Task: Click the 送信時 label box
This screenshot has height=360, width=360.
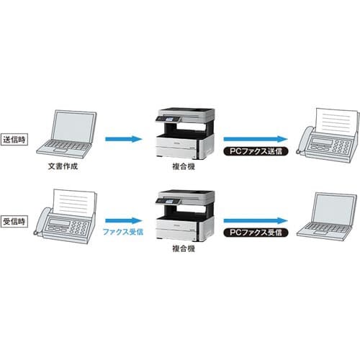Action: click(x=14, y=140)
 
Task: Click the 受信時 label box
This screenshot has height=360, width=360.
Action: click(x=14, y=221)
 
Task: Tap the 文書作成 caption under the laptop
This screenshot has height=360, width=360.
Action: click(x=63, y=166)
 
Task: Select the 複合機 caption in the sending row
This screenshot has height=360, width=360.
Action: click(x=184, y=166)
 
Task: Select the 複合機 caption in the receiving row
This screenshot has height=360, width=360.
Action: click(x=184, y=248)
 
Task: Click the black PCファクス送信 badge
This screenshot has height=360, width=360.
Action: click(x=256, y=151)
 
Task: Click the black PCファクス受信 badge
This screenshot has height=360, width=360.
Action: click(x=256, y=233)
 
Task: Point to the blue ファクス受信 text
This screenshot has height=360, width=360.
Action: click(x=123, y=232)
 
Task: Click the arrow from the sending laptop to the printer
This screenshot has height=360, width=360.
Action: click(x=124, y=139)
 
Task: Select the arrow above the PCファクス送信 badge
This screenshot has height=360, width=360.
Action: click(x=256, y=139)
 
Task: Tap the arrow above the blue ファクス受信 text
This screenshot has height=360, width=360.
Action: click(x=124, y=220)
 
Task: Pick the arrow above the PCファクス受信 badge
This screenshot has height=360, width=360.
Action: click(x=256, y=220)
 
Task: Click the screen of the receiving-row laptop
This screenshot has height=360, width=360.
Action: click(x=333, y=209)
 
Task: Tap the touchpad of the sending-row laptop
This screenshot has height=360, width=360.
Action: click(x=60, y=150)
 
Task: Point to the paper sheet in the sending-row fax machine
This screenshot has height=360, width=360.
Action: click(x=336, y=122)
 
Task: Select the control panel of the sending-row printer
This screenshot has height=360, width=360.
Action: click(x=168, y=119)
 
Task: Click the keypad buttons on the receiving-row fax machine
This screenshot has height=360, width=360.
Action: click(x=79, y=228)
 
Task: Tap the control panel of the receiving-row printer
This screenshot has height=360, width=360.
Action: click(x=168, y=200)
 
